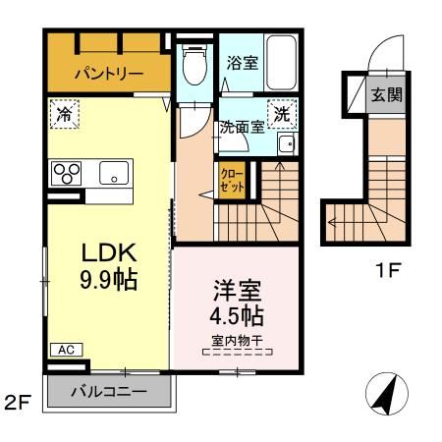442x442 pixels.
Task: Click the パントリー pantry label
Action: pyautogui.click(x=109, y=73)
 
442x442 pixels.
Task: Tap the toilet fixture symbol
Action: pyautogui.click(x=194, y=65)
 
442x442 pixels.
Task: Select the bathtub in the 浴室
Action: pyautogui.click(x=281, y=63)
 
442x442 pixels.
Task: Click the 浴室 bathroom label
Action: pyautogui.click(x=243, y=63)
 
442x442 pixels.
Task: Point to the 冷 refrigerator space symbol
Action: pyautogui.click(x=65, y=114)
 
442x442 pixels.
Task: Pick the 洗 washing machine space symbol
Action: pyautogui.click(x=282, y=114)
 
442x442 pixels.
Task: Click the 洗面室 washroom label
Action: pyautogui.click(x=242, y=127)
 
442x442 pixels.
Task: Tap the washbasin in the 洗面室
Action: pyautogui.click(x=288, y=144)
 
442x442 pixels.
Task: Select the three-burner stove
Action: pyautogui.click(x=67, y=173)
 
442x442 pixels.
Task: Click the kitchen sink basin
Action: pyautogui.click(x=114, y=173)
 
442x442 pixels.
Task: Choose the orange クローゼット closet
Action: pyautogui.click(x=232, y=181)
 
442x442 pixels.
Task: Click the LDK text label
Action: pyautogui.click(x=109, y=252)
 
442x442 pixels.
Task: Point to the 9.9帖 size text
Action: pyautogui.click(x=108, y=280)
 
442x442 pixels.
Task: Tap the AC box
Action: pyautogui.click(x=67, y=350)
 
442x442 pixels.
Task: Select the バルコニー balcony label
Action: pyautogui.click(x=109, y=391)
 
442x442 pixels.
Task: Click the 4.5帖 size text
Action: pyautogui.click(x=237, y=315)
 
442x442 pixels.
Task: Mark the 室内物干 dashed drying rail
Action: pyautogui.click(x=238, y=352)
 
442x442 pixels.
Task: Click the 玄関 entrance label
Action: pyautogui.click(x=387, y=95)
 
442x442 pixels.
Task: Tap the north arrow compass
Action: pyautogui.click(x=387, y=394)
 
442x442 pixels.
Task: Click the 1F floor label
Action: pyautogui.click(x=389, y=271)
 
